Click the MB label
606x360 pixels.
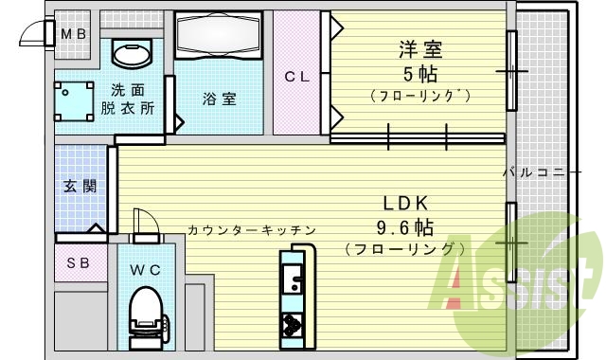pyautogui.click(x=74, y=35)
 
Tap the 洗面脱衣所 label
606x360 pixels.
pyautogui.click(x=130, y=99)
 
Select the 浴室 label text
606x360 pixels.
pyautogui.click(x=218, y=98)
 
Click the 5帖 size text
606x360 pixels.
pyautogui.click(x=420, y=74)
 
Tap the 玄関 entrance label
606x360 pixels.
pyautogui.click(x=80, y=187)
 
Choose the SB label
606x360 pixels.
pyautogui.click(x=78, y=262)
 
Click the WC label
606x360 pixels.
pyautogui.click(x=145, y=270)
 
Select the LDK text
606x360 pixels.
pyautogui.click(x=407, y=203)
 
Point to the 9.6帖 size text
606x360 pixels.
pyautogui.click(x=405, y=227)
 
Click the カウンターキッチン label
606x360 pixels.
pyautogui.click(x=251, y=230)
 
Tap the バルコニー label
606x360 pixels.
pyautogui.click(x=545, y=172)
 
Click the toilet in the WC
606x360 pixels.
pyautogui.click(x=145, y=313)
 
